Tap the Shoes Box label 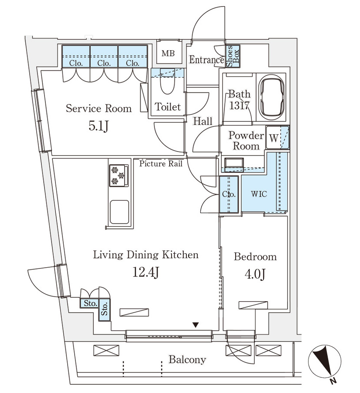(x=233, y=56)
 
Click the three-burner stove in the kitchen (x=119, y=175)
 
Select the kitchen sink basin (x=120, y=212)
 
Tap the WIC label (x=259, y=194)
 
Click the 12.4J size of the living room (x=146, y=272)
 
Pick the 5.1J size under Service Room (x=99, y=126)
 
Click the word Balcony (x=187, y=360)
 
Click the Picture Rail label (x=161, y=164)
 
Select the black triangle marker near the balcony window (x=195, y=325)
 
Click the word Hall (x=202, y=121)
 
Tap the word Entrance (x=206, y=60)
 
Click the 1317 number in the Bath (x=240, y=106)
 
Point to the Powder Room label (x=246, y=141)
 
